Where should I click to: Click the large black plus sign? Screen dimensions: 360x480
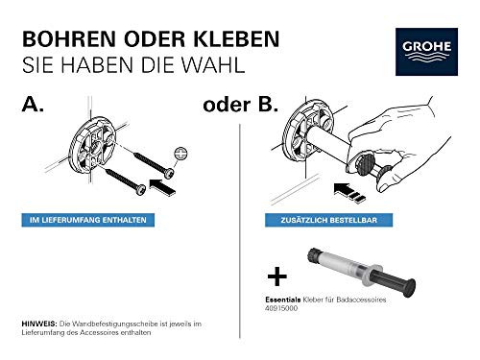(277, 278)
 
